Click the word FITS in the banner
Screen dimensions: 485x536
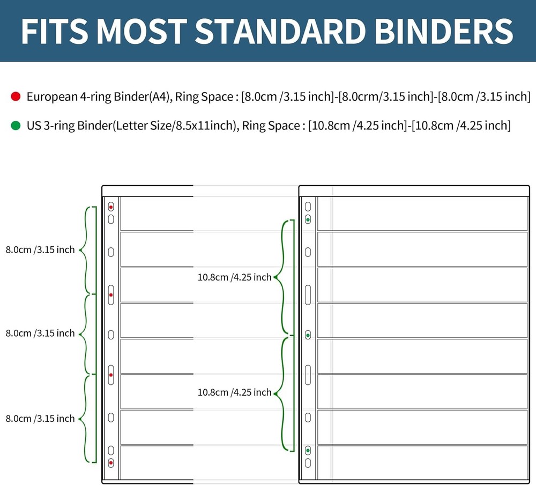tap(54, 31)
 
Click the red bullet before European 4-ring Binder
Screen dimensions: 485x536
tap(16, 97)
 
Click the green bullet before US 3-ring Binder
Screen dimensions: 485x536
tap(16, 126)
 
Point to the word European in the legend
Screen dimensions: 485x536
tap(50, 97)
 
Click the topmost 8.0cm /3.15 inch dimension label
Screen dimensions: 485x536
tap(40, 249)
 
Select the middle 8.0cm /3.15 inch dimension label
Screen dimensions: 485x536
tap(40, 333)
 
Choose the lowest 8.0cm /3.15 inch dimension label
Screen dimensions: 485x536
tap(40, 418)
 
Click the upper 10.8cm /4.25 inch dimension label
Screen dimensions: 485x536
tap(235, 277)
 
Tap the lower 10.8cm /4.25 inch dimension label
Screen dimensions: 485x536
tap(235, 392)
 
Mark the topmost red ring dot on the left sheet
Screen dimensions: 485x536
tap(111, 207)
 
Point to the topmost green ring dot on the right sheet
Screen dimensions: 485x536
tap(308, 219)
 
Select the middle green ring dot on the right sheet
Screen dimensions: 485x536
tap(308, 335)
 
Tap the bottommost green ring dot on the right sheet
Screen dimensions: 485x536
tap(308, 451)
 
